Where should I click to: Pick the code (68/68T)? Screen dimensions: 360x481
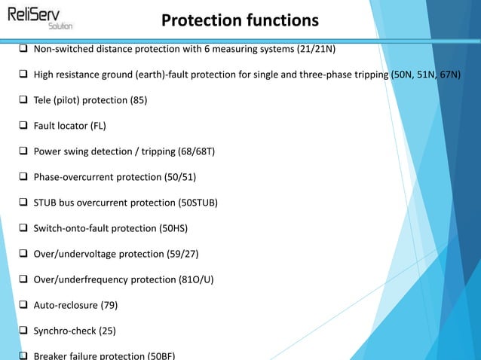195,151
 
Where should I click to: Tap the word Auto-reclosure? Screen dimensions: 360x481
62,305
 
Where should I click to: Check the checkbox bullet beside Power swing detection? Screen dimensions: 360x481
23,151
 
